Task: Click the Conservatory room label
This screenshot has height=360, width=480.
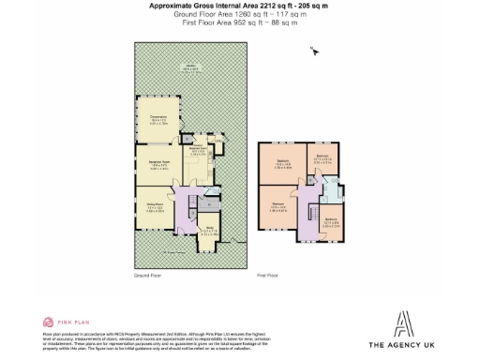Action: click(x=158, y=121)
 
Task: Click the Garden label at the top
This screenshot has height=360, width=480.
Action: click(x=190, y=68)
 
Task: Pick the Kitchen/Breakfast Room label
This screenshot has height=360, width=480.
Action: click(x=198, y=150)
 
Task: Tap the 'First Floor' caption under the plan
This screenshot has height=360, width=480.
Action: click(x=268, y=276)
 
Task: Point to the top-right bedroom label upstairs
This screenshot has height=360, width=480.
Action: click(x=322, y=158)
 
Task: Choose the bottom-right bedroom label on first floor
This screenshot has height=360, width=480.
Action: click(x=331, y=223)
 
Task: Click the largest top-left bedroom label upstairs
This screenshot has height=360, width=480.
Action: click(x=282, y=162)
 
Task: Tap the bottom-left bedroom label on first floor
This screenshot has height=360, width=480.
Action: click(x=279, y=206)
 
